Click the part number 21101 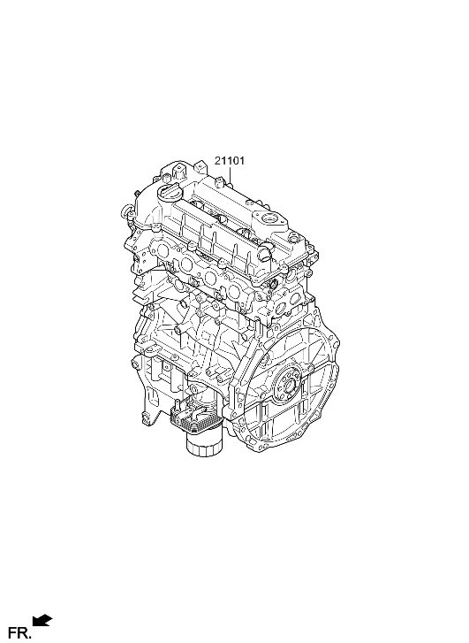[x=230, y=161]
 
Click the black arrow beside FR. [x=42, y=621]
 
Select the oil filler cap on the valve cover [x=170, y=192]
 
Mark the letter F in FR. [x=12, y=632]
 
